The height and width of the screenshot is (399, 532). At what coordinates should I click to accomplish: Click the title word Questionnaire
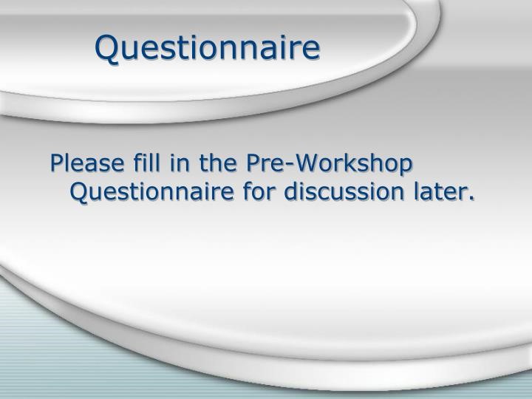click(x=208, y=48)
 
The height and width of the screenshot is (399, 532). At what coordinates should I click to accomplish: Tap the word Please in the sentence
click(x=87, y=163)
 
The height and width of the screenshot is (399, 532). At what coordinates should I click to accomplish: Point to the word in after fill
click(x=180, y=163)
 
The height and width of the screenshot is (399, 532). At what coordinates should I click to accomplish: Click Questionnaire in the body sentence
click(x=152, y=192)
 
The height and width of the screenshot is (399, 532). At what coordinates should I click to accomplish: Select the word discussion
click(x=344, y=191)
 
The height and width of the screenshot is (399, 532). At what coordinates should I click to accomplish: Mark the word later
click(x=440, y=191)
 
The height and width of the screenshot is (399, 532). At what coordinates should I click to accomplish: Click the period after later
click(x=471, y=199)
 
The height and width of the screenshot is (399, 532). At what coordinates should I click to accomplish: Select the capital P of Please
click(x=57, y=163)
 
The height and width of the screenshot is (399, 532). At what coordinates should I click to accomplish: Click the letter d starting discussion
click(x=292, y=191)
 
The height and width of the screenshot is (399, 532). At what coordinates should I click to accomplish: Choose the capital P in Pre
click(x=253, y=163)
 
